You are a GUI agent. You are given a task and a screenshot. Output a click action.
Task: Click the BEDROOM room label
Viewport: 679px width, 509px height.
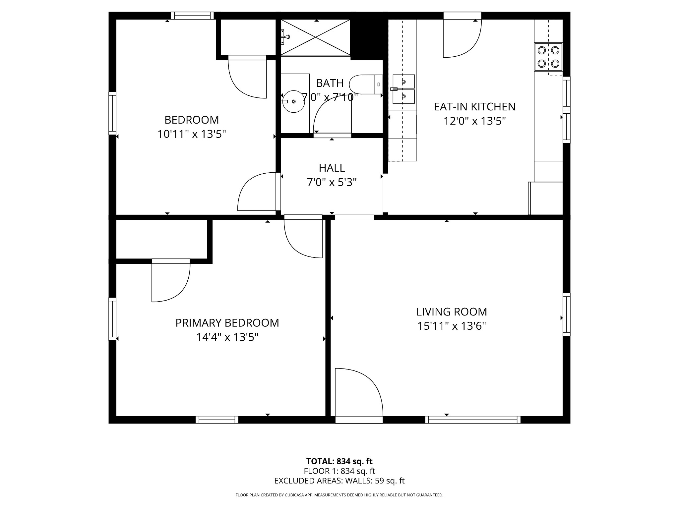pyautogui.click(x=192, y=120)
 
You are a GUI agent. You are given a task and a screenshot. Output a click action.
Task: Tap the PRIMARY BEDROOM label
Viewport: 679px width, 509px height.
pyautogui.click(x=227, y=323)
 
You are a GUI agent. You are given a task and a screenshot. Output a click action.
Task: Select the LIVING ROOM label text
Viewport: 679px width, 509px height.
pyautogui.click(x=452, y=312)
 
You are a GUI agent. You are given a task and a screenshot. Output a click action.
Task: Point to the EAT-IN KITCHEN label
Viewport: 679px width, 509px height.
pyautogui.click(x=475, y=107)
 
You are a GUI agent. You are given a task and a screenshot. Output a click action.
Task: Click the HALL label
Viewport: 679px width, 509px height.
pyautogui.click(x=332, y=168)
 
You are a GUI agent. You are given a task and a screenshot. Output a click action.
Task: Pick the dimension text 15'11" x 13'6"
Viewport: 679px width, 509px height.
pyautogui.click(x=452, y=326)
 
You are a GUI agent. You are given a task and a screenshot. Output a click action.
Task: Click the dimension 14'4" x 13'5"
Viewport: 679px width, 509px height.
pyautogui.click(x=227, y=337)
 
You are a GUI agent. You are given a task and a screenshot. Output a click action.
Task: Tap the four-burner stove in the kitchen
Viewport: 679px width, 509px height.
pyautogui.click(x=548, y=57)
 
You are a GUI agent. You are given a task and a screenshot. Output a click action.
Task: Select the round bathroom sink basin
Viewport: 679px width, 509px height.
pyautogui.click(x=293, y=101)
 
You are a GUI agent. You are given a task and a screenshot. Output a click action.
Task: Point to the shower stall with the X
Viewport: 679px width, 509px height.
pyautogui.click(x=316, y=37)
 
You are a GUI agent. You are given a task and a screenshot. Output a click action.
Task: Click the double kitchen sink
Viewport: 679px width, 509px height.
pyautogui.click(x=403, y=89)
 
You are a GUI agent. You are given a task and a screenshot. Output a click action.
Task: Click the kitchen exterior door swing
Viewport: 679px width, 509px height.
pyautogui.click(x=463, y=38)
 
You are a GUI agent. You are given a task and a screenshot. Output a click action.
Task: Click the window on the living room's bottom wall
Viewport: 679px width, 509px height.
pyautogui.click(x=473, y=420)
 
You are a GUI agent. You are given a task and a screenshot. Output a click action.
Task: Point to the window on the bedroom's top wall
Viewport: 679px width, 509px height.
pyautogui.click(x=193, y=16)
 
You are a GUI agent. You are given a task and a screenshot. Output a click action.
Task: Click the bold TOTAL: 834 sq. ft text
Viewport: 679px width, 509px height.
pyautogui.click(x=339, y=461)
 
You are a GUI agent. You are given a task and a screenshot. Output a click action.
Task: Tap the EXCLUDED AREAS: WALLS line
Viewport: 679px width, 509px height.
pyautogui.click(x=339, y=481)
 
